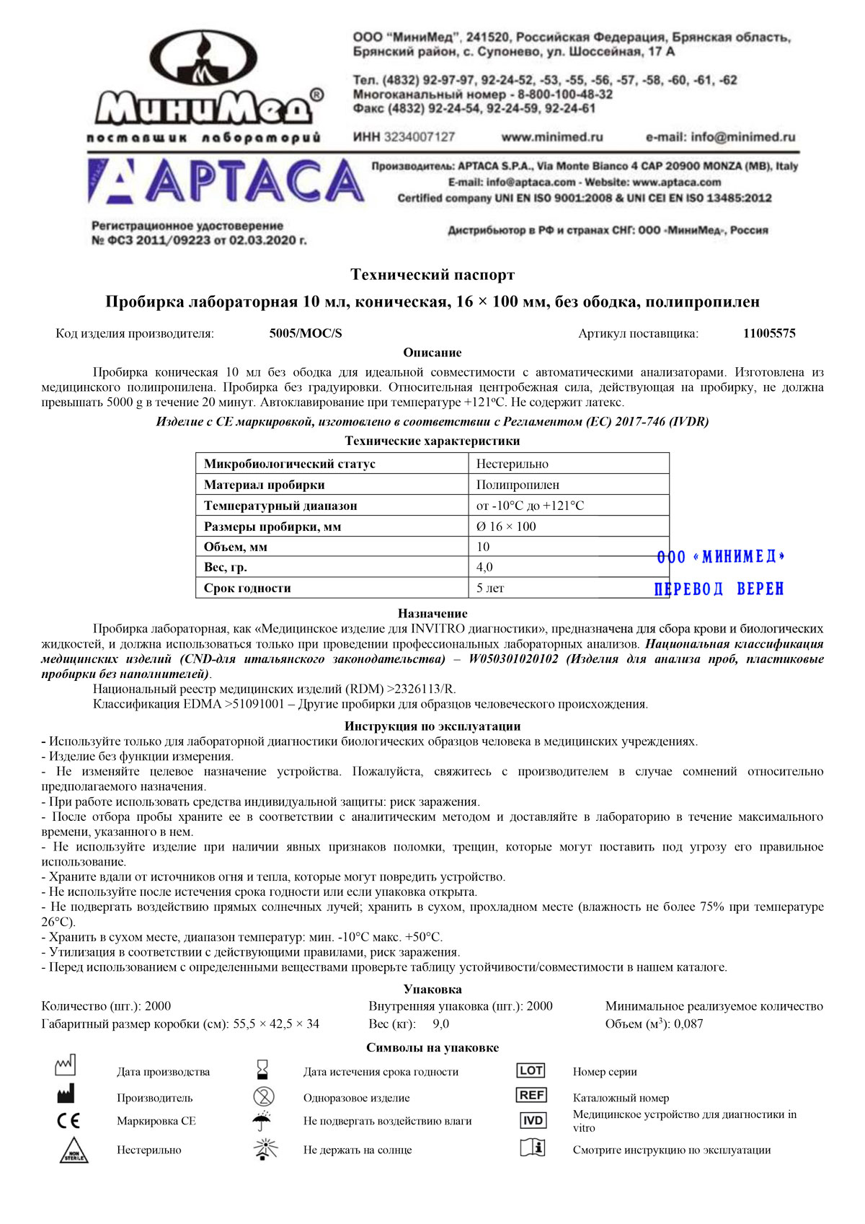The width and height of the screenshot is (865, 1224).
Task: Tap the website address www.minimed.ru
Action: click(551, 137)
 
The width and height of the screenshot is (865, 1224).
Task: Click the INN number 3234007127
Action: click(420, 137)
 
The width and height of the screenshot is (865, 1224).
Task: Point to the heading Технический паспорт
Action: click(432, 275)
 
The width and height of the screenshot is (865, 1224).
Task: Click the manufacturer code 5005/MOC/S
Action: click(306, 333)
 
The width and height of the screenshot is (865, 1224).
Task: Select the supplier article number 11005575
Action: click(769, 333)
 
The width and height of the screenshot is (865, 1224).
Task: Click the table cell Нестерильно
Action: click(513, 464)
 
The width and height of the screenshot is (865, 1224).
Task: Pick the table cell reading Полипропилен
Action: click(518, 485)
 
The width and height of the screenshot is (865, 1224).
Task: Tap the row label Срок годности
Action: click(247, 588)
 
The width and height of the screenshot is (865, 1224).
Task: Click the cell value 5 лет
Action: click(490, 588)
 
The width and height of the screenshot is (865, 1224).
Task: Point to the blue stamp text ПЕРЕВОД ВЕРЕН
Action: click(719, 589)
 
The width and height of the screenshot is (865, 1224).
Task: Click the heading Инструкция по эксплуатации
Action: click(432, 726)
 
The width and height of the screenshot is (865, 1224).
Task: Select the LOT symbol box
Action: click(531, 1071)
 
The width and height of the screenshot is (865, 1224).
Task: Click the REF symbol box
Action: click(531, 1095)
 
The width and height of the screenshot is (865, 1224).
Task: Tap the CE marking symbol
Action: click(68, 1121)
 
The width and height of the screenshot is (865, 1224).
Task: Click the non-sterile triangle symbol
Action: click(74, 1150)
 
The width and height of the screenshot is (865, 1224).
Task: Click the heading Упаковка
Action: click(432, 990)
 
